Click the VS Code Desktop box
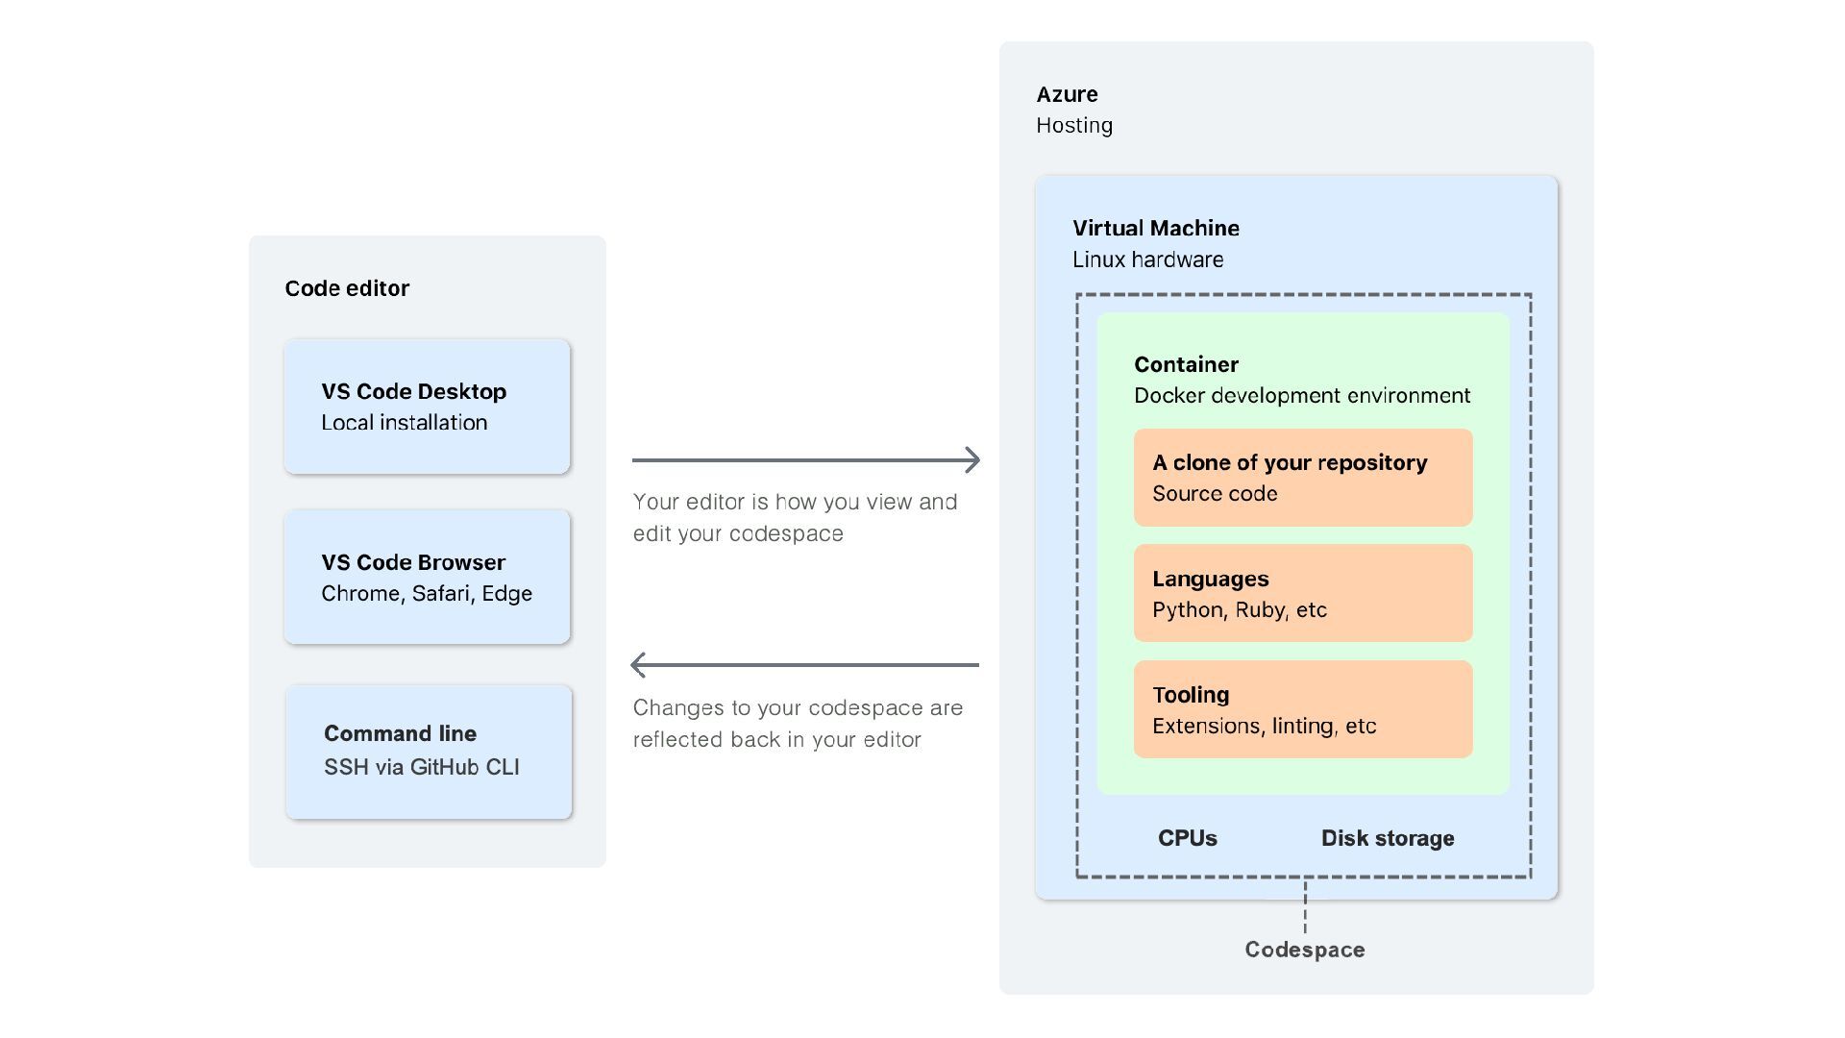coord(427,407)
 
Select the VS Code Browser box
coord(427,577)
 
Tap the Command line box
coord(429,752)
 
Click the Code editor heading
coord(347,288)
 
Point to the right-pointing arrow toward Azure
coord(806,460)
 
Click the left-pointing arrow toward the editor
coord(804,664)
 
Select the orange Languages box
coord(1303,593)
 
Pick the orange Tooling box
coord(1303,709)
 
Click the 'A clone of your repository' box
coord(1303,478)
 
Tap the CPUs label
coord(1188,838)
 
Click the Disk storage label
coord(1388,838)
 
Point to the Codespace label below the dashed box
coord(1305,950)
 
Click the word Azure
coord(1067,94)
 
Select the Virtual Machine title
coord(1156,228)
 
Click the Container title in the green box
coord(1186,364)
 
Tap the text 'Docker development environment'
coord(1302,396)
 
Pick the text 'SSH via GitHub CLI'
coord(422,767)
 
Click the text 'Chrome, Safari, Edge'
coord(427,594)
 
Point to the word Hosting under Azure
coord(1074,126)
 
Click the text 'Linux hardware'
coord(1148,259)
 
